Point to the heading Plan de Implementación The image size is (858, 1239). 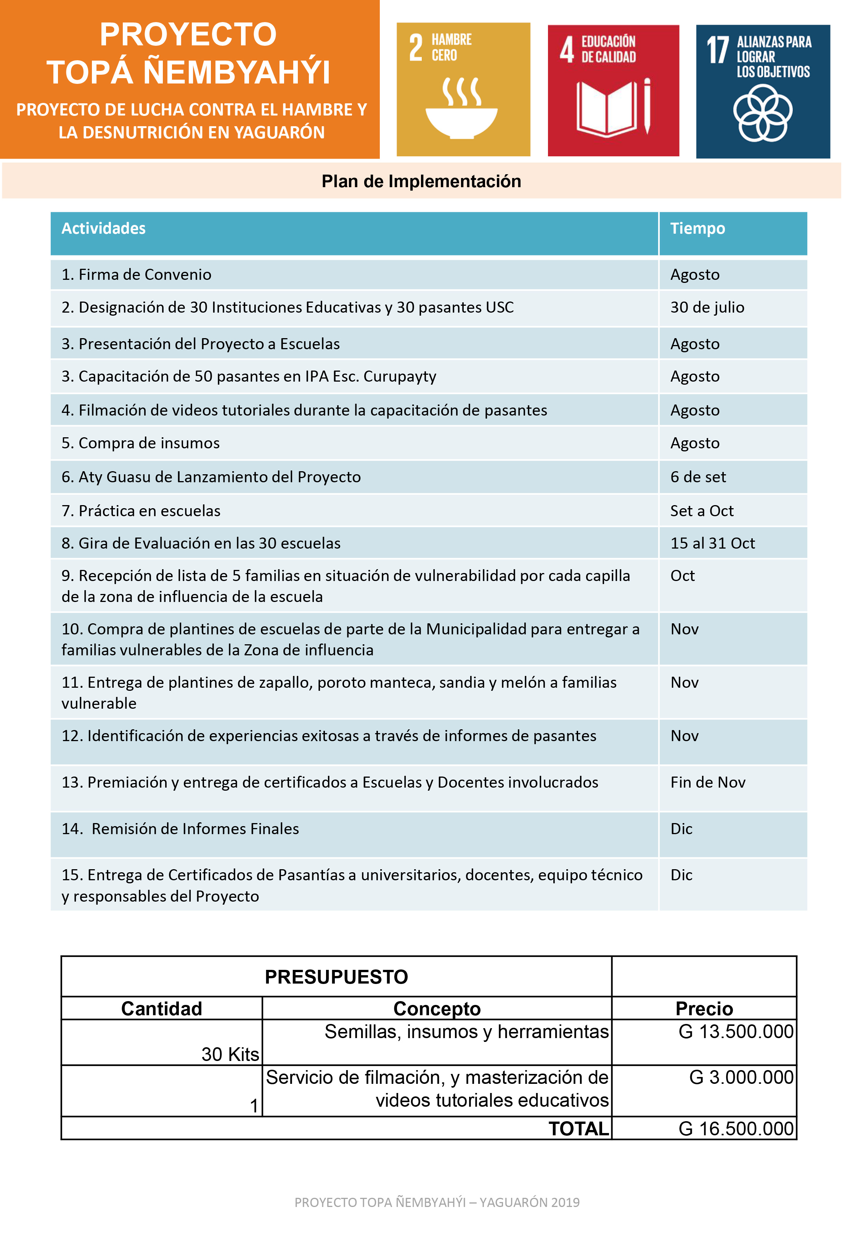(x=421, y=181)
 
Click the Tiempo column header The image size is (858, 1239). (x=697, y=229)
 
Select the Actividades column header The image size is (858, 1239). (x=103, y=229)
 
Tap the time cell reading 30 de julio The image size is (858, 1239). (x=707, y=307)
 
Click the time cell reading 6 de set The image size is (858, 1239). (x=698, y=477)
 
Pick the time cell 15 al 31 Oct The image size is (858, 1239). (x=712, y=543)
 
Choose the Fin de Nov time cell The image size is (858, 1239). (x=707, y=782)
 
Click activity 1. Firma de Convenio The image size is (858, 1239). (x=137, y=274)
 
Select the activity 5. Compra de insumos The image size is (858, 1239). (x=140, y=443)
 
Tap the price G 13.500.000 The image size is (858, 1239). (x=736, y=1032)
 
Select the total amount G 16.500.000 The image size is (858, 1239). (x=736, y=1129)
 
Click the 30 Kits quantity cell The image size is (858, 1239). (x=230, y=1054)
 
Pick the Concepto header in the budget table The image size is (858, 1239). (x=437, y=1008)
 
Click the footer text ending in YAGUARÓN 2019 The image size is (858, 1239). (x=437, y=1202)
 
